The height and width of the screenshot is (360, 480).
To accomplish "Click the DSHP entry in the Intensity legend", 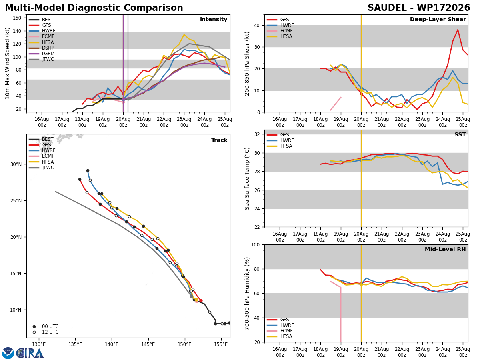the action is (48, 48).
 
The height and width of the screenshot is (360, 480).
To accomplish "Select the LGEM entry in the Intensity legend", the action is (48, 54).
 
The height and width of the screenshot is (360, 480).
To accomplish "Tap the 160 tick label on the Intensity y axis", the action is (17, 18).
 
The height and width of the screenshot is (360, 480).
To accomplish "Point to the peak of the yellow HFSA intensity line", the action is (184, 34).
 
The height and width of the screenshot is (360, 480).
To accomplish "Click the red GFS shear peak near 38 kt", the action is (458, 30).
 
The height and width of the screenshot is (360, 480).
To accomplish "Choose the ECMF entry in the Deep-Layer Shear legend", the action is (286, 31).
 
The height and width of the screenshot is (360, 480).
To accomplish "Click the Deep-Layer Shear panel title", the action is (438, 19).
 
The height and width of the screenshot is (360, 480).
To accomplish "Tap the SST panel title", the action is (460, 134).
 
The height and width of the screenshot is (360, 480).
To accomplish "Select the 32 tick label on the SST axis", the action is (257, 134).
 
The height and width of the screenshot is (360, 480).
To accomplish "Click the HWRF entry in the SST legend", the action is (287, 140).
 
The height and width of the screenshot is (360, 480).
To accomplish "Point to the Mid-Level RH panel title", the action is (445, 249).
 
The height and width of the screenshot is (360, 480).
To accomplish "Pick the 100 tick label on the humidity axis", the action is (256, 244).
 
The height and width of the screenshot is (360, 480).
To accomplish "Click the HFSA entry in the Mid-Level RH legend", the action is (286, 336).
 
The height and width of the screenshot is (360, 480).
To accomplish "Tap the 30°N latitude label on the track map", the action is (16, 164).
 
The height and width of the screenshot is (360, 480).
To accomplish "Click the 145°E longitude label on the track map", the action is (148, 344).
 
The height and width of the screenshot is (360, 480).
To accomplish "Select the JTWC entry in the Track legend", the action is (48, 168).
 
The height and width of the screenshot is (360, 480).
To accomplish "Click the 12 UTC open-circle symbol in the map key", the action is (34, 332).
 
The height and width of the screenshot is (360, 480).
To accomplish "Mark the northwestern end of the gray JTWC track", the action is (55, 192).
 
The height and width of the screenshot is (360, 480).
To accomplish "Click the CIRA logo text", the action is (30, 353).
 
